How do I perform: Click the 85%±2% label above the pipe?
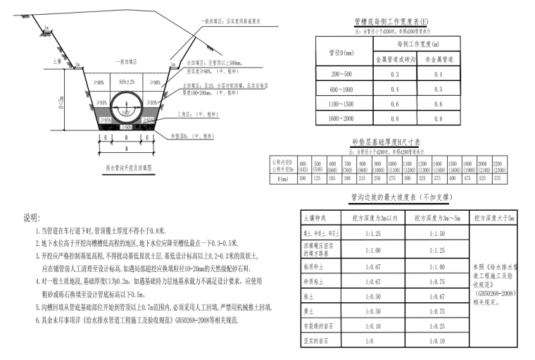click(x=127, y=82)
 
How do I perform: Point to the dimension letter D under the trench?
click(x=126, y=139)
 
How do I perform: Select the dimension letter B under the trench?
click(x=127, y=150)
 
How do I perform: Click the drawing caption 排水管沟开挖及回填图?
click(x=127, y=168)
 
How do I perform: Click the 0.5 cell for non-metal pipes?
click(x=439, y=89)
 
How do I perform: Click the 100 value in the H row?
click(x=302, y=178)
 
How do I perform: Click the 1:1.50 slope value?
click(x=434, y=232)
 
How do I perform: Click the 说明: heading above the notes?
click(x=33, y=216)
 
